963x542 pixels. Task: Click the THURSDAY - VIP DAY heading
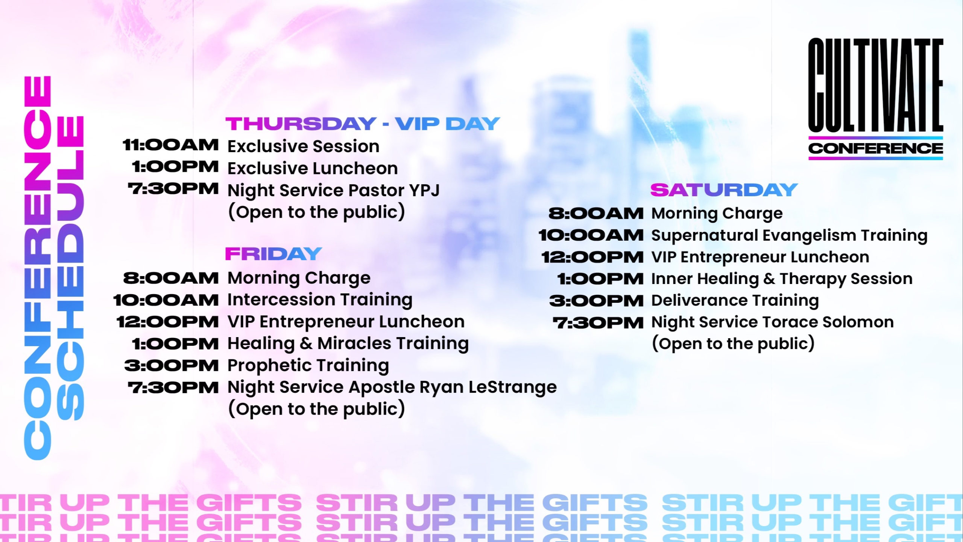tap(363, 124)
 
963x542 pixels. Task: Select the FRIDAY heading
tap(273, 254)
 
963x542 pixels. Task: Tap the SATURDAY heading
tap(724, 190)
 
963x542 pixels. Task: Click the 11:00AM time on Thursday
tap(170, 145)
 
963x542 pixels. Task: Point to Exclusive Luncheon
tap(313, 168)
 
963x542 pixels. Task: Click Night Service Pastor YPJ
tap(334, 190)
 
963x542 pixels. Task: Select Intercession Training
tap(320, 300)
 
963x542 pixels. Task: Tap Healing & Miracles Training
tap(348, 344)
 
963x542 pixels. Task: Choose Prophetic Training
tap(308, 366)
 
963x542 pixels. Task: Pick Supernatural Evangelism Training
tap(789, 236)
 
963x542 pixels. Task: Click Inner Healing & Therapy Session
tap(782, 279)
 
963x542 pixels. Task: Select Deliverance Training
tap(735, 301)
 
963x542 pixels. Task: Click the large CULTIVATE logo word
tap(876, 85)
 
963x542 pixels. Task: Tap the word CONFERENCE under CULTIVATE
tap(876, 148)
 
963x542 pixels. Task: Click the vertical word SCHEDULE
tap(70, 268)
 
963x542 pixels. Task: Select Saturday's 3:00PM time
tap(596, 301)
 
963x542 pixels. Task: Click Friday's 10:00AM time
tap(166, 300)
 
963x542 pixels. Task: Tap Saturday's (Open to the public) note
tap(733, 344)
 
